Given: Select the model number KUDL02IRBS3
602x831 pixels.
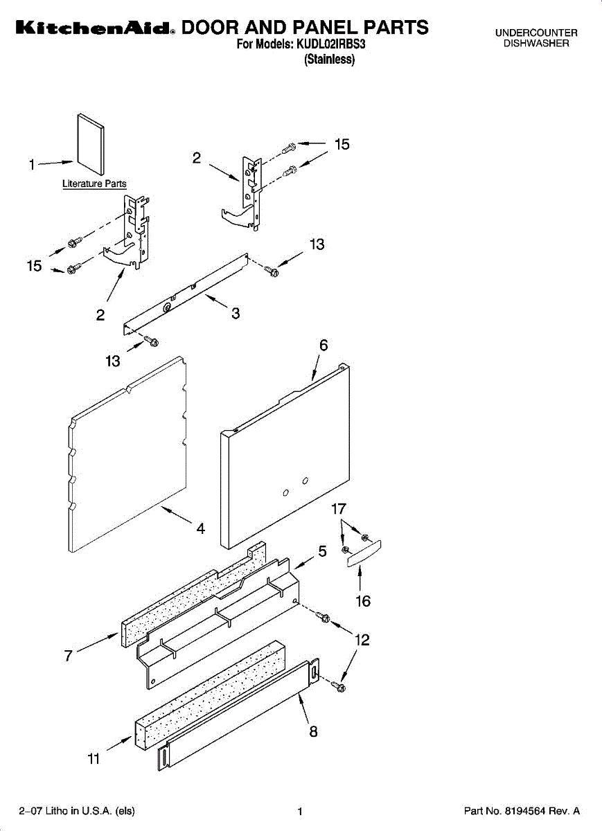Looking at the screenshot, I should click(x=330, y=45).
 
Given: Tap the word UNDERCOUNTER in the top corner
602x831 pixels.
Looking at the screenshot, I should click(x=535, y=33).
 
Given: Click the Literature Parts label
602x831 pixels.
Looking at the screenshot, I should click(x=94, y=184).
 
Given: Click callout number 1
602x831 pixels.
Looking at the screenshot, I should click(x=31, y=165).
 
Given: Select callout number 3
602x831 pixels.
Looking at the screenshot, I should click(x=236, y=313).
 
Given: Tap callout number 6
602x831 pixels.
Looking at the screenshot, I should click(x=323, y=346).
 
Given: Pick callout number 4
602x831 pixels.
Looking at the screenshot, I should click(x=200, y=528).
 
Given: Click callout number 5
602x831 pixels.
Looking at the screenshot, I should click(x=322, y=552).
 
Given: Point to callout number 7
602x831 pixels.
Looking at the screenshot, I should click(x=69, y=656).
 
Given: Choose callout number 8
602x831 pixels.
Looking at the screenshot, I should click(x=313, y=731).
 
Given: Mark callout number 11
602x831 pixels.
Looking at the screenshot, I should click(x=94, y=759).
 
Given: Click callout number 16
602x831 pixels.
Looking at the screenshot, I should click(x=362, y=601).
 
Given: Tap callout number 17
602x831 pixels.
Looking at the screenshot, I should click(x=338, y=509).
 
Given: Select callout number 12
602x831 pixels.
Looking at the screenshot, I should click(x=362, y=641).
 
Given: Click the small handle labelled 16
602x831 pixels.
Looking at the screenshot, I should click(x=364, y=554).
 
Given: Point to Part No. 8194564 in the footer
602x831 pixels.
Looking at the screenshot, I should click(x=521, y=811).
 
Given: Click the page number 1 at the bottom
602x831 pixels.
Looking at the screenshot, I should click(x=300, y=811).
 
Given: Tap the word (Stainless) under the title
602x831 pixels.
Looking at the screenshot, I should click(x=330, y=60).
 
